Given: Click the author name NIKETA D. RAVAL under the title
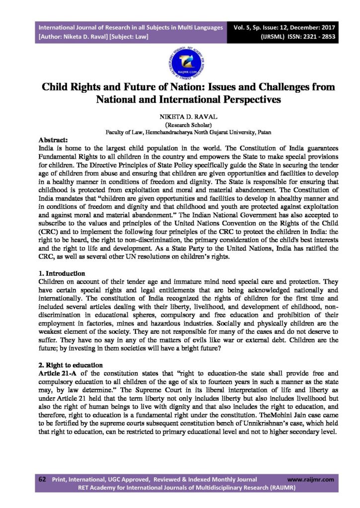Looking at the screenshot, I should pos(179,117).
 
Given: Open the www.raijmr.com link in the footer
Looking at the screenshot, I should pos(311,480).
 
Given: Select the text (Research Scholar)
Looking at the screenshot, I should pos(179,125).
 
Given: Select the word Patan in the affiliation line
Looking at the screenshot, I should pos(262,132).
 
